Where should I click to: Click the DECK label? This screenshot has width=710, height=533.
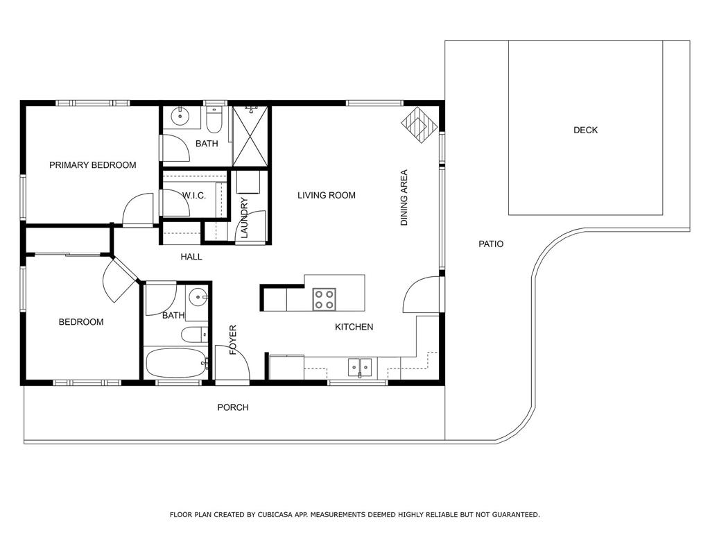pos(585,130)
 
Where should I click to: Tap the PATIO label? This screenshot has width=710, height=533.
pos(491,244)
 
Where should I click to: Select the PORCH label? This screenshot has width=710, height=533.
pos(233,407)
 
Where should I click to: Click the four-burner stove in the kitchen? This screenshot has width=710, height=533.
pos(324,299)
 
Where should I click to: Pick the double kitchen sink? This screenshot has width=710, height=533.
pos(360,367)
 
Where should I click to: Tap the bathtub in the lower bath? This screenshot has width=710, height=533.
pos(175,363)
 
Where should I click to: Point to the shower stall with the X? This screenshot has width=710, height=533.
pos(250,137)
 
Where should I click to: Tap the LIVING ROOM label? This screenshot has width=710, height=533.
pos(327,196)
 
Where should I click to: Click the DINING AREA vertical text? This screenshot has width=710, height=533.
pos(404,198)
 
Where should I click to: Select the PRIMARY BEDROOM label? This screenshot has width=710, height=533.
pos(92,165)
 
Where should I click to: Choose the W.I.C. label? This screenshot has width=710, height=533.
pos(194,196)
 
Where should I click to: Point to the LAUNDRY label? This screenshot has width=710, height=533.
pos(244,218)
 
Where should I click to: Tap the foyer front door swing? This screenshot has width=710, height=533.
pos(232,362)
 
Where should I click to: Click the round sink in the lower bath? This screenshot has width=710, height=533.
pos(200,297)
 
